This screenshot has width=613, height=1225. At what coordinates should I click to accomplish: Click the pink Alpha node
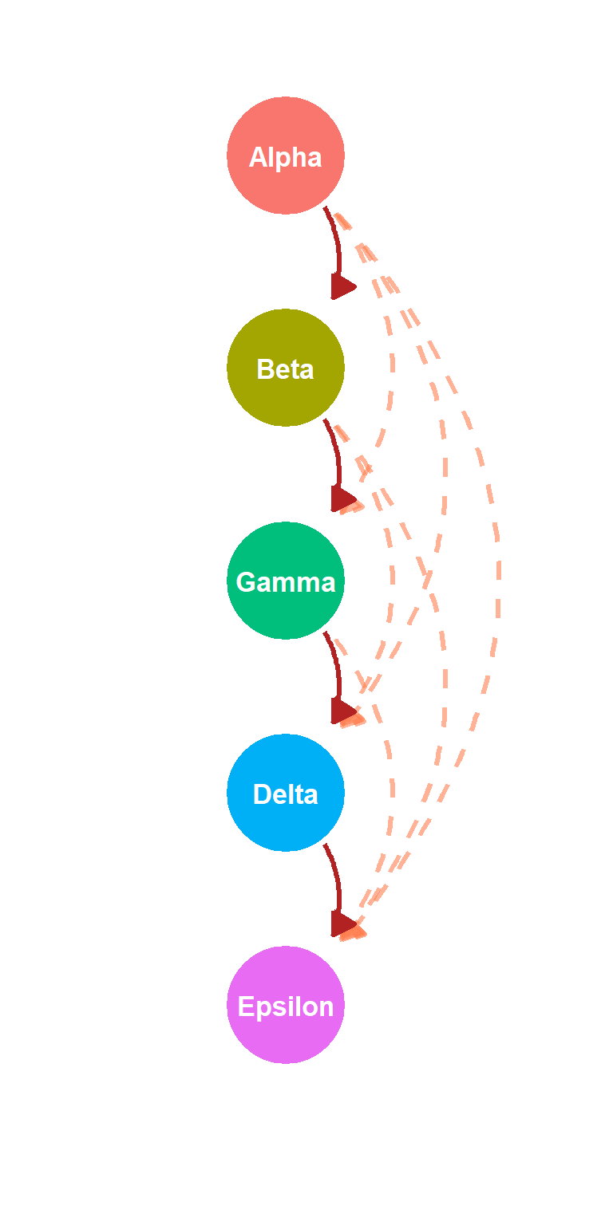tap(285, 156)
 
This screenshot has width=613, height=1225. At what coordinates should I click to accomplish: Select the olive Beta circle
tap(285, 368)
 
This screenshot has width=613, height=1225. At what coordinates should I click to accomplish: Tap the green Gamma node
tap(285, 581)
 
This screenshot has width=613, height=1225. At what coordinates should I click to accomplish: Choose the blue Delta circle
tap(285, 793)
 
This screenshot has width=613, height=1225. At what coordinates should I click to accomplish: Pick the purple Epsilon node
tap(285, 1005)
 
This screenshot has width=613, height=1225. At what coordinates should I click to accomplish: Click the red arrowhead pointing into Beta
tap(342, 286)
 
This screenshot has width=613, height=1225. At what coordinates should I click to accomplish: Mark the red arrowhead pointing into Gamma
tap(342, 498)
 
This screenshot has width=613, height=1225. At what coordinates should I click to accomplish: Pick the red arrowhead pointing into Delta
tap(342, 711)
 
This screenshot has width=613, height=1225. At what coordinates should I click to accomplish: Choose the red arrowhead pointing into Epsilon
tap(342, 924)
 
